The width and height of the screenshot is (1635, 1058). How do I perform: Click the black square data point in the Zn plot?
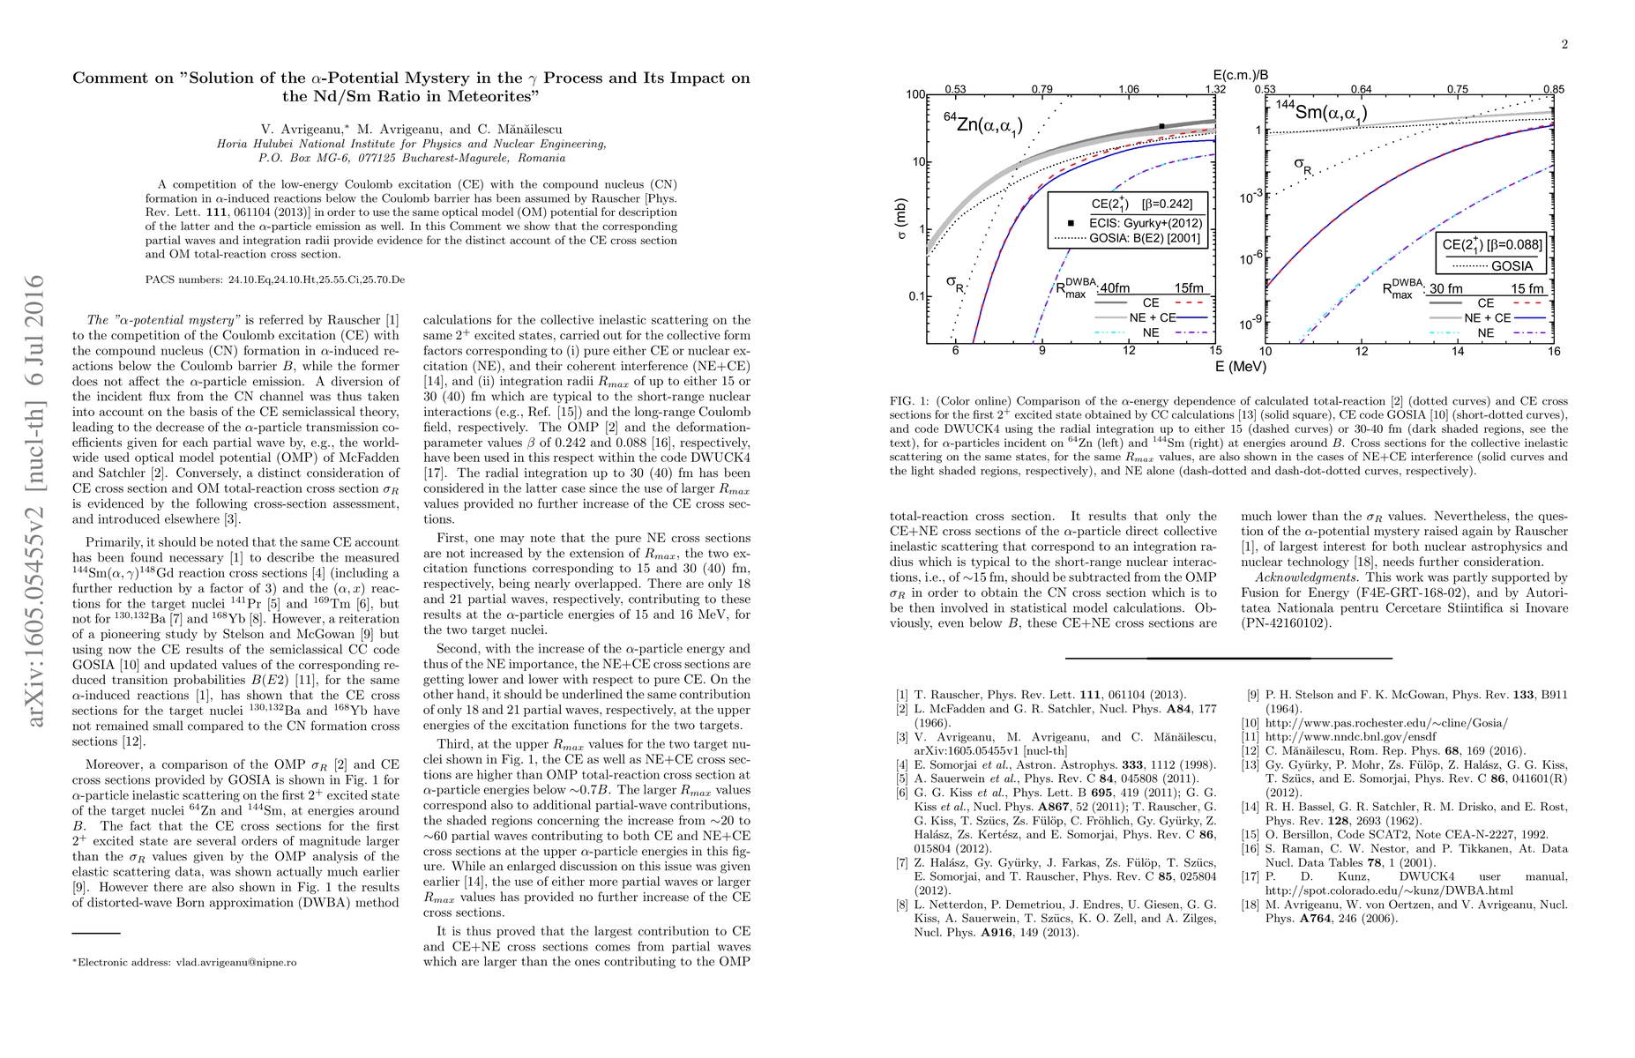pos(1161,126)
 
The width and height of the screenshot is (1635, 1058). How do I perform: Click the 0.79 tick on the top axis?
pos(1041,89)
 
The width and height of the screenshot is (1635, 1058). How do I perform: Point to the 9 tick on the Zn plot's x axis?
pos(1041,351)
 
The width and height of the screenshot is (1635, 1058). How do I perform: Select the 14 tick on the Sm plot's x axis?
pos(1458,351)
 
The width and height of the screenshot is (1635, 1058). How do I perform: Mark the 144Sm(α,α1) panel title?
pos(1321,110)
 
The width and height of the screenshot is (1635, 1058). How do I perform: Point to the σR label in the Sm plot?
pos(1302,165)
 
